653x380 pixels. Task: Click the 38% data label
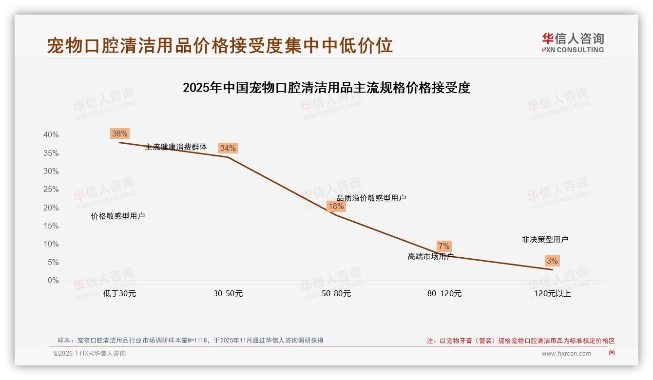pyautogui.click(x=120, y=133)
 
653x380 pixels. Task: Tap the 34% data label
pyautogui.click(x=228, y=148)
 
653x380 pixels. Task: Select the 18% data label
pyautogui.click(x=336, y=206)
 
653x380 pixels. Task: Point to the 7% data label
pyautogui.click(x=444, y=246)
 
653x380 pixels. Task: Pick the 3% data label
pyautogui.click(x=552, y=261)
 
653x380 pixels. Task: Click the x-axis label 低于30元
pyautogui.click(x=120, y=294)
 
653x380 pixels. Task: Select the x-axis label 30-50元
pyautogui.click(x=228, y=294)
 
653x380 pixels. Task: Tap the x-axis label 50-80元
pyautogui.click(x=336, y=294)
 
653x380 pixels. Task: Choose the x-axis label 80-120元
pyautogui.click(x=444, y=294)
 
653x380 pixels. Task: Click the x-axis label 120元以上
pyautogui.click(x=552, y=294)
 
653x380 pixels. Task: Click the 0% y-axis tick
pyautogui.click(x=53, y=281)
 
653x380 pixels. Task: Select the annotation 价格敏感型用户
pyautogui.click(x=118, y=216)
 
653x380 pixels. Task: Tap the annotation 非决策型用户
pyautogui.click(x=545, y=240)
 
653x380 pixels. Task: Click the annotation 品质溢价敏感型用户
pyautogui.click(x=371, y=198)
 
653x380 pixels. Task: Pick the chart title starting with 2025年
pyautogui.click(x=326, y=88)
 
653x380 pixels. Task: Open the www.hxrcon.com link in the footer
pyautogui.click(x=566, y=354)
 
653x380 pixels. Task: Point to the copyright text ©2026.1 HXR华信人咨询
pyautogui.click(x=90, y=354)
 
